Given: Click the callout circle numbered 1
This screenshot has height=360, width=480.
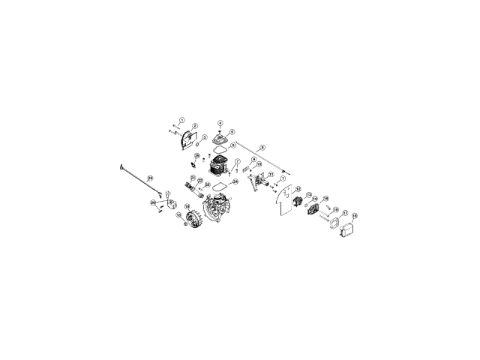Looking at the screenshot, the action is pyautogui.click(x=181, y=120).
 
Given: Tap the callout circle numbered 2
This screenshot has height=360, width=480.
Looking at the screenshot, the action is pyautogui.click(x=195, y=126).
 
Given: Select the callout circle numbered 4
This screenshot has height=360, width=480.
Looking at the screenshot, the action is pyautogui.click(x=220, y=123).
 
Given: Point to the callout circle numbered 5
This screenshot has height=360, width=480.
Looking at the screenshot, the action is pyautogui.click(x=232, y=132).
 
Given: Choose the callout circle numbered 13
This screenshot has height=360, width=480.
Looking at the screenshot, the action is pyautogui.click(x=308, y=196).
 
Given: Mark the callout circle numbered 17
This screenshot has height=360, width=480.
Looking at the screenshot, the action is pyautogui.click(x=345, y=213).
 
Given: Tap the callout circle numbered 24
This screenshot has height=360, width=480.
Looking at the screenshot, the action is pyautogui.click(x=235, y=181).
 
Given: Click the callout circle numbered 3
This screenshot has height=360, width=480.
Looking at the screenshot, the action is pyautogui.click(x=204, y=138).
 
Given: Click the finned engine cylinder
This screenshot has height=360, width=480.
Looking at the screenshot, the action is pyautogui.click(x=219, y=166).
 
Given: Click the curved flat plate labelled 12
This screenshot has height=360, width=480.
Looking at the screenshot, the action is pyautogui.click(x=283, y=202).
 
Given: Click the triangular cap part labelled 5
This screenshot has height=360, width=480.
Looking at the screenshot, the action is pyautogui.click(x=220, y=139).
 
